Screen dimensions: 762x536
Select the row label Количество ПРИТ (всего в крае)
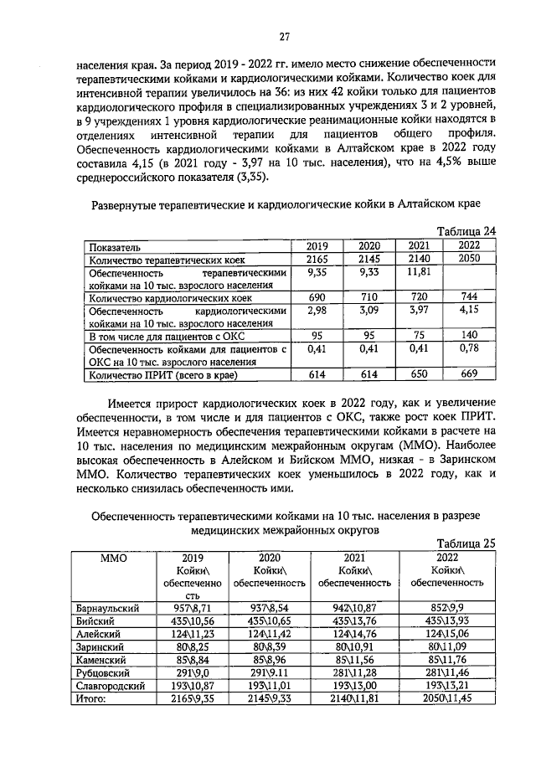157,376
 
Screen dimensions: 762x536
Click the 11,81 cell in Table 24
420,272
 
